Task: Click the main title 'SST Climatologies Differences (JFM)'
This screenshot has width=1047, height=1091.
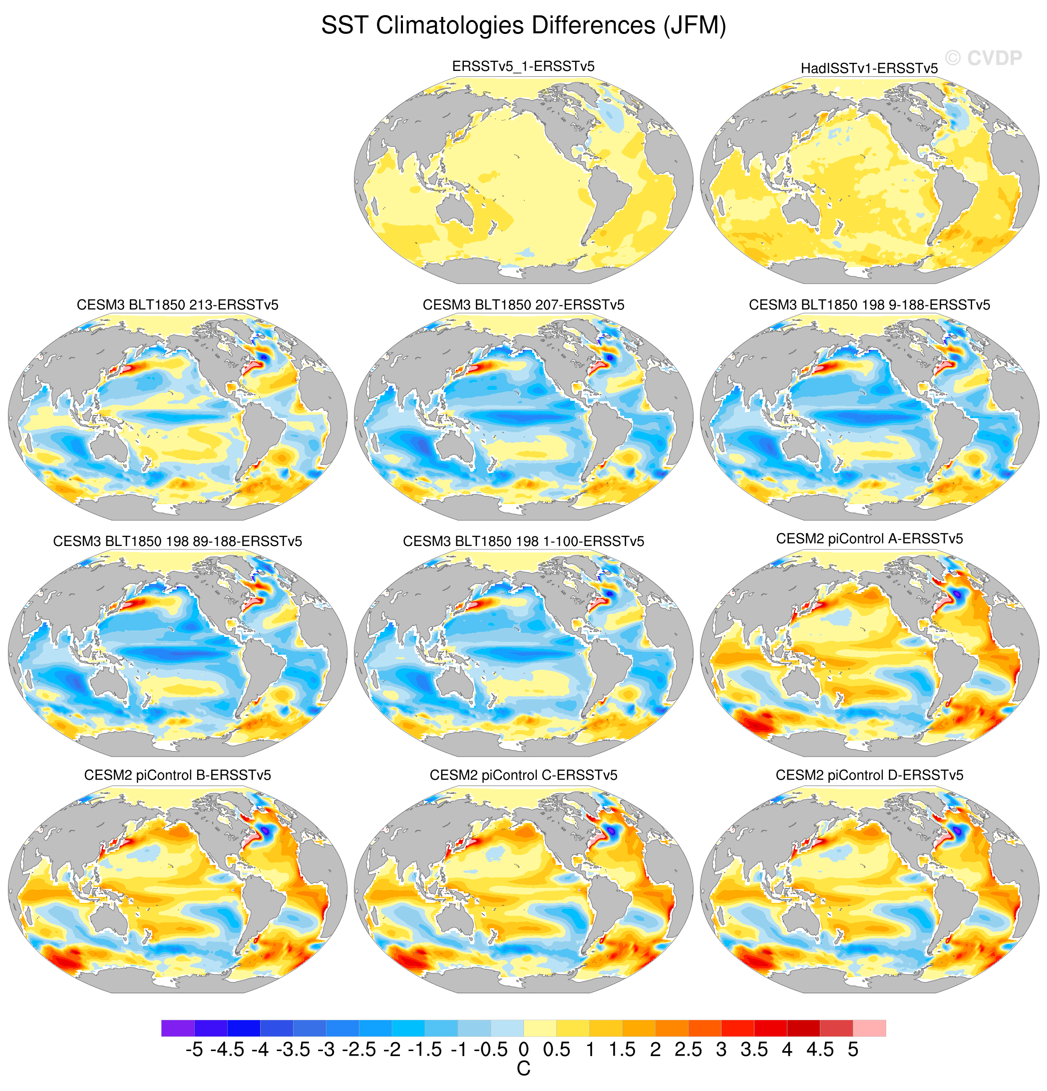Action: point(523,25)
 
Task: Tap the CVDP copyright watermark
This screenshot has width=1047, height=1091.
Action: point(984,58)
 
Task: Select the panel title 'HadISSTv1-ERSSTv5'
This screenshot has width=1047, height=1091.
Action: point(869,68)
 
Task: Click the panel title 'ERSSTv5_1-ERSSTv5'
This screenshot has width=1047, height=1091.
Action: point(523,66)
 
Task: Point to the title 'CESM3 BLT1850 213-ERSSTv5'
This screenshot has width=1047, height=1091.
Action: point(177,305)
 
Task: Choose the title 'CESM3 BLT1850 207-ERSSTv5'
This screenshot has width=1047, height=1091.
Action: point(523,305)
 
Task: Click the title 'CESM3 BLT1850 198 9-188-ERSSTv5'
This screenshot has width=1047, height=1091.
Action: point(869,305)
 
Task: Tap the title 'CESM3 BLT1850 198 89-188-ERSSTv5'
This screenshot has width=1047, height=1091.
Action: point(177,542)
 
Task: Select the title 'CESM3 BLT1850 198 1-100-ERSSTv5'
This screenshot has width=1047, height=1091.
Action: point(523,542)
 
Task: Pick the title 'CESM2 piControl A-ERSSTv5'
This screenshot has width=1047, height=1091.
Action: point(869,539)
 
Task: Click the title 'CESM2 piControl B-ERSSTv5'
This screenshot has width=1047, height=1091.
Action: point(177,776)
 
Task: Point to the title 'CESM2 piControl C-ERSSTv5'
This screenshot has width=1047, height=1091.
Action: point(523,776)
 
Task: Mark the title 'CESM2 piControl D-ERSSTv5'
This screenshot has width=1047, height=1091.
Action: point(869,776)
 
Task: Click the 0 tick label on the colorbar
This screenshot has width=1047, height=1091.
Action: point(523,1050)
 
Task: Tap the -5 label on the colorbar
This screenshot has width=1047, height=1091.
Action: point(194,1050)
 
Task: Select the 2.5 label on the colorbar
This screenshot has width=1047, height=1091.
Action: point(689,1050)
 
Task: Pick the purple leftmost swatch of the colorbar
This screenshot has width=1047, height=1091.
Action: point(178,1028)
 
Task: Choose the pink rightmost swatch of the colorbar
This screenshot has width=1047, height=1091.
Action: point(869,1028)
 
